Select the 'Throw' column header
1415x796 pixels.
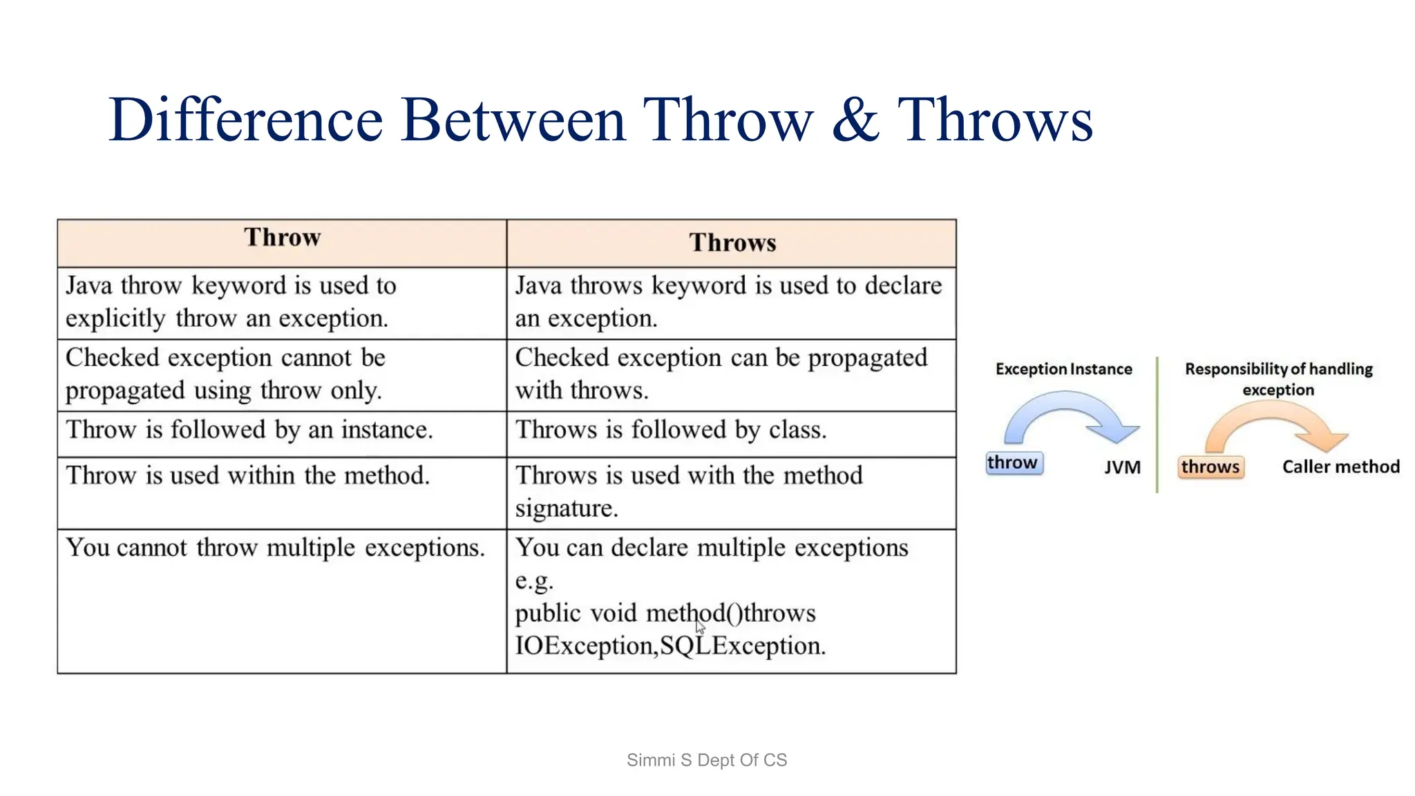point(282,238)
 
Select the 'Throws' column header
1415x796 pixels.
point(732,243)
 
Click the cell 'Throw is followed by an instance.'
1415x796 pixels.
point(249,430)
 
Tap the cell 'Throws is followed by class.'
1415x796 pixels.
point(670,430)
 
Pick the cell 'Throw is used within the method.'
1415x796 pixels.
point(247,475)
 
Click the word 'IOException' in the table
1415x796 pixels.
point(584,646)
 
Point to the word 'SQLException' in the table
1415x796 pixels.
point(742,646)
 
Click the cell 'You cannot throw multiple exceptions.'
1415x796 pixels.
point(275,548)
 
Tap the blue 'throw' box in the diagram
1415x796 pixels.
point(1013,462)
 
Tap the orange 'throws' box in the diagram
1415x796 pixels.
point(1210,467)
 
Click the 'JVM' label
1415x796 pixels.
point(1122,468)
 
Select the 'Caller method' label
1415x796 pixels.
point(1340,467)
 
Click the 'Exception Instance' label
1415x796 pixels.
point(1063,369)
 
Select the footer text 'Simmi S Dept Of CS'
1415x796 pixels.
point(706,760)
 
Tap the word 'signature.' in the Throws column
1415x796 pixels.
point(566,509)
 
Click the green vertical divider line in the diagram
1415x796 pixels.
point(1157,424)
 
